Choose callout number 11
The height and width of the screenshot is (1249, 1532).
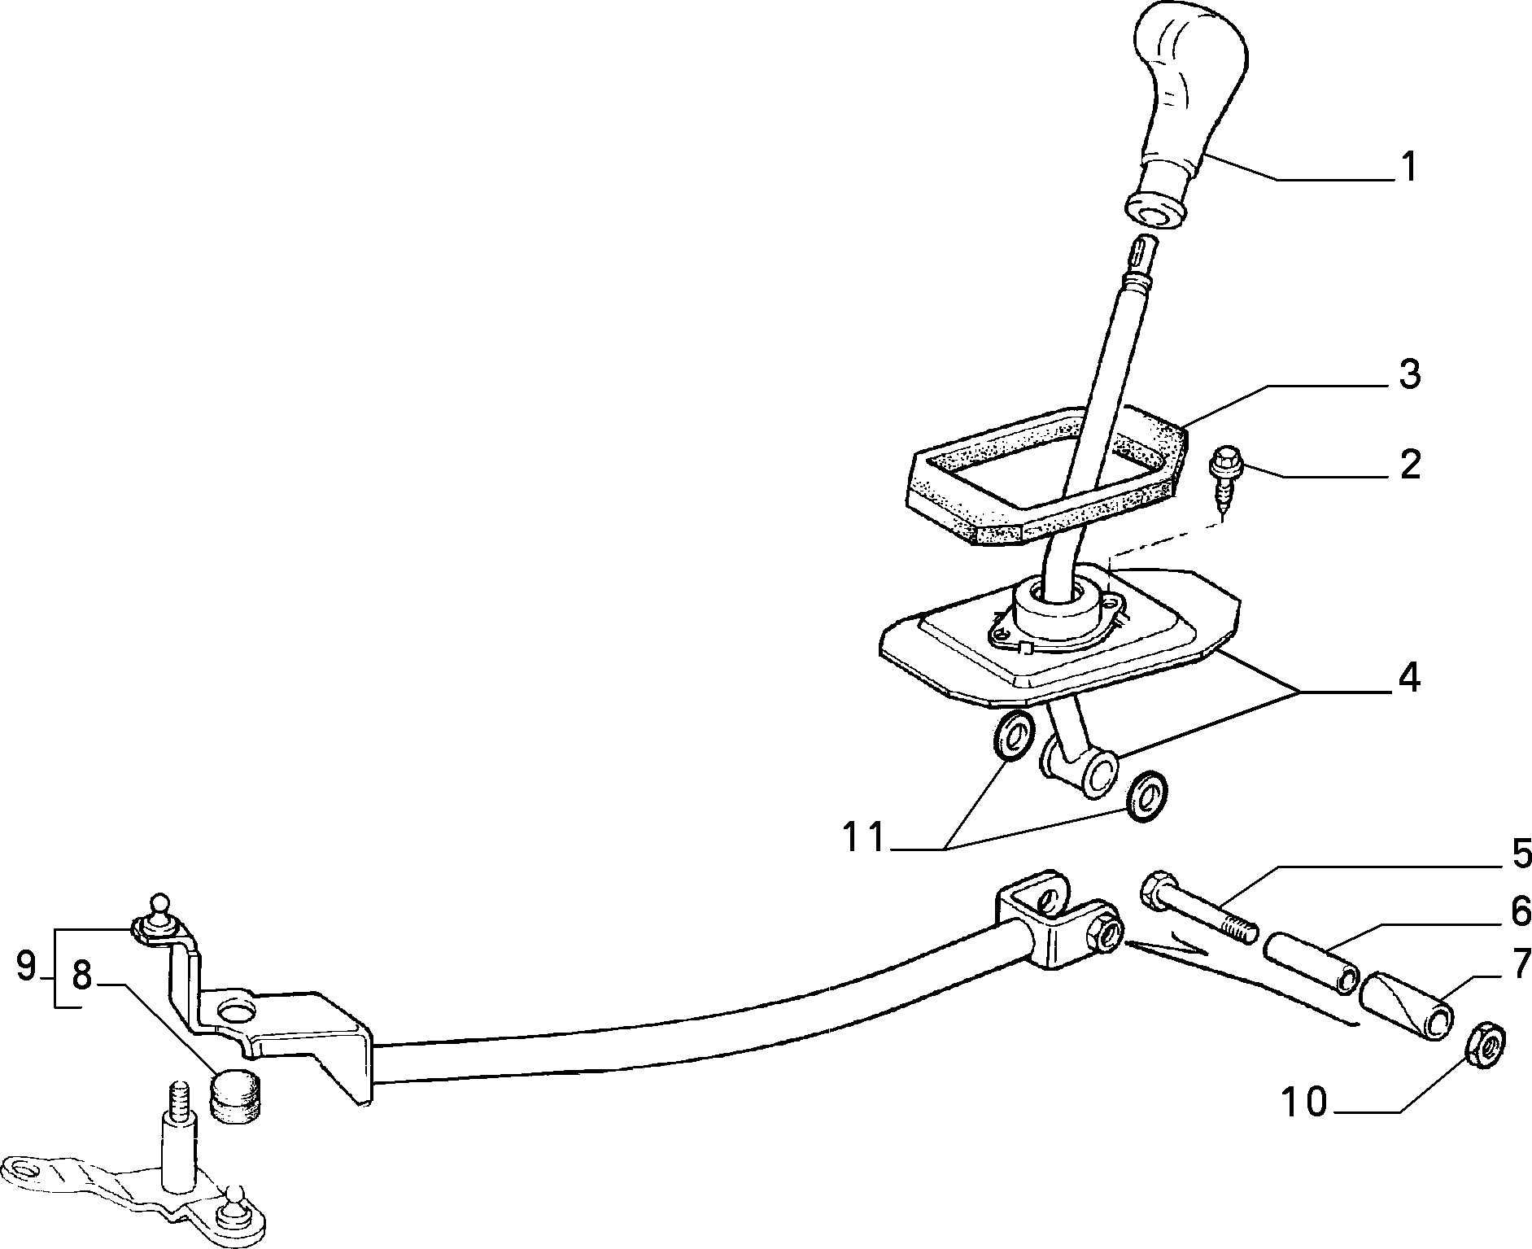[862, 837]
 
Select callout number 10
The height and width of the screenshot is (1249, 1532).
[1304, 1104]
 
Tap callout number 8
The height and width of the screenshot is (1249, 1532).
[82, 975]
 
